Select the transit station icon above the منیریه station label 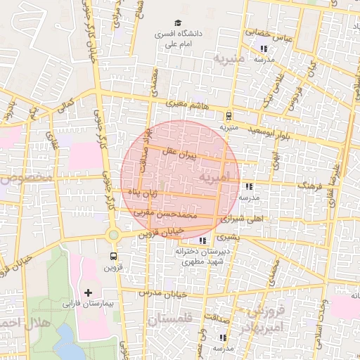229,116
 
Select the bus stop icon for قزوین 113,256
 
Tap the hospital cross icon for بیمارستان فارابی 88,292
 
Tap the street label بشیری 228,238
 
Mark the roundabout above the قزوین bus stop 113,234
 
